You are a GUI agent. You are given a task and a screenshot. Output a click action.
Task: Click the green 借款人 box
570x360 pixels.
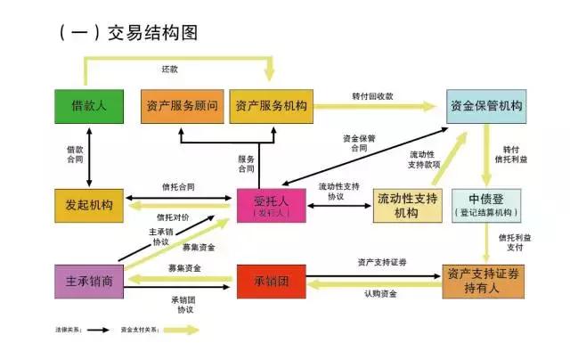[89, 105]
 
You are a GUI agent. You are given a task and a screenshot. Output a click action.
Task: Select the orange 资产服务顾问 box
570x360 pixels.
[182, 105]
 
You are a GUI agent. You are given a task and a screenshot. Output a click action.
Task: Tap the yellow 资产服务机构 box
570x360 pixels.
[271, 105]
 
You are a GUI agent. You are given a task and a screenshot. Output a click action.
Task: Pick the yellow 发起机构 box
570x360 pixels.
[89, 204]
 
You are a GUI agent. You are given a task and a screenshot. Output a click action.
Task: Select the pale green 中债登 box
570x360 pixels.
[485, 204]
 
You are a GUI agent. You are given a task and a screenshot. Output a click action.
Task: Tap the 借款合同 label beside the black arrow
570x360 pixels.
[76, 151]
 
